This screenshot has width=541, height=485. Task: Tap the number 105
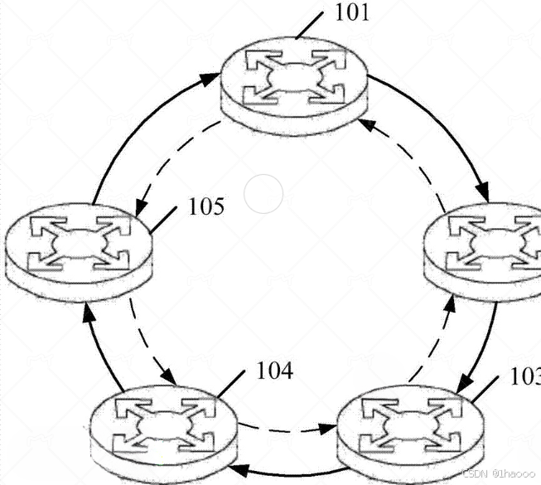[x=206, y=206]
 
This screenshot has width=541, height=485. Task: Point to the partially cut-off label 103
[x=525, y=377]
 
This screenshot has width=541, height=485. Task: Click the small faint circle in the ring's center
[x=264, y=194]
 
